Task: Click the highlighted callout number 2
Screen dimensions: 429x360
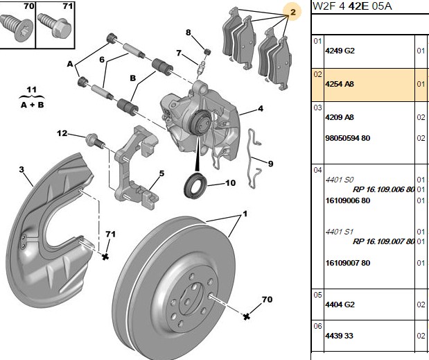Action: coord(292,12)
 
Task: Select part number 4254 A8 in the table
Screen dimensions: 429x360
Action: coord(340,84)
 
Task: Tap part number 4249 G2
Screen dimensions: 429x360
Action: coord(340,51)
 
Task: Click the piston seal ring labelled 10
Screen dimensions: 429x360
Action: coord(195,185)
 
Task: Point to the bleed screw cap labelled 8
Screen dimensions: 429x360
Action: coord(208,51)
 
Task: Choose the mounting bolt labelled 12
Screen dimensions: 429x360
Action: coord(95,141)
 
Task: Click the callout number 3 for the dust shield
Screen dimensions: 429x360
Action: coord(21,169)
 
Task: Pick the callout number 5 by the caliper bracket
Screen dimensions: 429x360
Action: coord(161,173)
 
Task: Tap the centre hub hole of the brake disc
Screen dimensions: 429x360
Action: coord(187,302)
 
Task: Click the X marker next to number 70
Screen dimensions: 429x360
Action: coord(247,317)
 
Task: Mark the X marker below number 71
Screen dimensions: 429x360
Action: coord(105,257)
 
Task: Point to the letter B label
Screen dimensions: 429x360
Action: coord(132,78)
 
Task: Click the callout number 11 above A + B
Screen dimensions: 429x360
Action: coord(32,89)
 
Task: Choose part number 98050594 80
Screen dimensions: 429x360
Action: coord(347,138)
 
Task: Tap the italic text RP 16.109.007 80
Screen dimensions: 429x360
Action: coord(383,241)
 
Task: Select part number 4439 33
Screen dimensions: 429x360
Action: coord(339,336)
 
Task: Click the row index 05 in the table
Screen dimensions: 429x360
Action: coord(317,295)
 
